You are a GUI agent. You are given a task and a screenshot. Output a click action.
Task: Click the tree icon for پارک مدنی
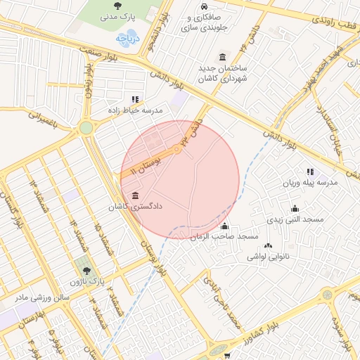(x=117, y=5)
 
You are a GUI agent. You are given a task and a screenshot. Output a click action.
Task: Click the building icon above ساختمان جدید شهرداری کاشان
(x=223, y=57)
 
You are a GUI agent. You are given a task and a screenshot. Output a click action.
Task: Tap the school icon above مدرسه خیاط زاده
(x=135, y=99)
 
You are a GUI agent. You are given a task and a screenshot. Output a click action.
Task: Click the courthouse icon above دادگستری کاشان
(x=135, y=195)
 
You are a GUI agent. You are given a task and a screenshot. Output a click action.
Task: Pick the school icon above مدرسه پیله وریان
(x=310, y=172)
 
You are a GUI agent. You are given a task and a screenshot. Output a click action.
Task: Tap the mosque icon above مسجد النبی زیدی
(x=295, y=208)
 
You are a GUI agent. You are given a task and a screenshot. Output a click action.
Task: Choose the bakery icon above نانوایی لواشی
(x=268, y=245)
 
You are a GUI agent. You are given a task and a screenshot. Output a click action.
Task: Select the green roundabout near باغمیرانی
(x=86, y=128)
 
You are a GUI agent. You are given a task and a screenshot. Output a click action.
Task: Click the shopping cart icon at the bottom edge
(x=226, y=356)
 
